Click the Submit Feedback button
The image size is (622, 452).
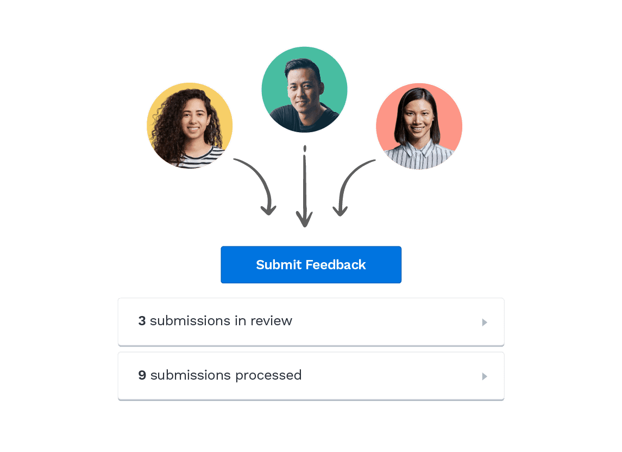click(311, 264)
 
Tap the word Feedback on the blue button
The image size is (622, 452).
click(336, 264)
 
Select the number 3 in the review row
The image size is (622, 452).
click(142, 321)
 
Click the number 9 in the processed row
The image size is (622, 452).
click(142, 375)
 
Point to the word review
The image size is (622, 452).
click(271, 321)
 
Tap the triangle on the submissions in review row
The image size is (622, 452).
click(485, 322)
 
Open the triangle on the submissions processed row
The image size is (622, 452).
click(485, 376)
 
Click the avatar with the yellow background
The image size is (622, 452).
click(190, 126)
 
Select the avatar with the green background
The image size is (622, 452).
click(304, 90)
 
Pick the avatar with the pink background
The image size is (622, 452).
click(419, 126)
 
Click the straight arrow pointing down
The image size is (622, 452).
click(304, 187)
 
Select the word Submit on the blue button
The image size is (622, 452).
click(279, 264)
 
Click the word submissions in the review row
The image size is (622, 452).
click(190, 321)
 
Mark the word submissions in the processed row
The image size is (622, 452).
click(191, 375)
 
